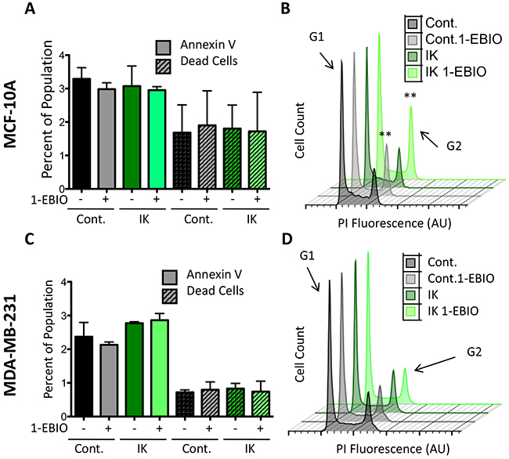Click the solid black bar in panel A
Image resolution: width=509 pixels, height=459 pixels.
pyautogui.click(x=81, y=142)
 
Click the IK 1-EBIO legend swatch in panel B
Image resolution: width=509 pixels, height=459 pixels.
pyautogui.click(x=413, y=73)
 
